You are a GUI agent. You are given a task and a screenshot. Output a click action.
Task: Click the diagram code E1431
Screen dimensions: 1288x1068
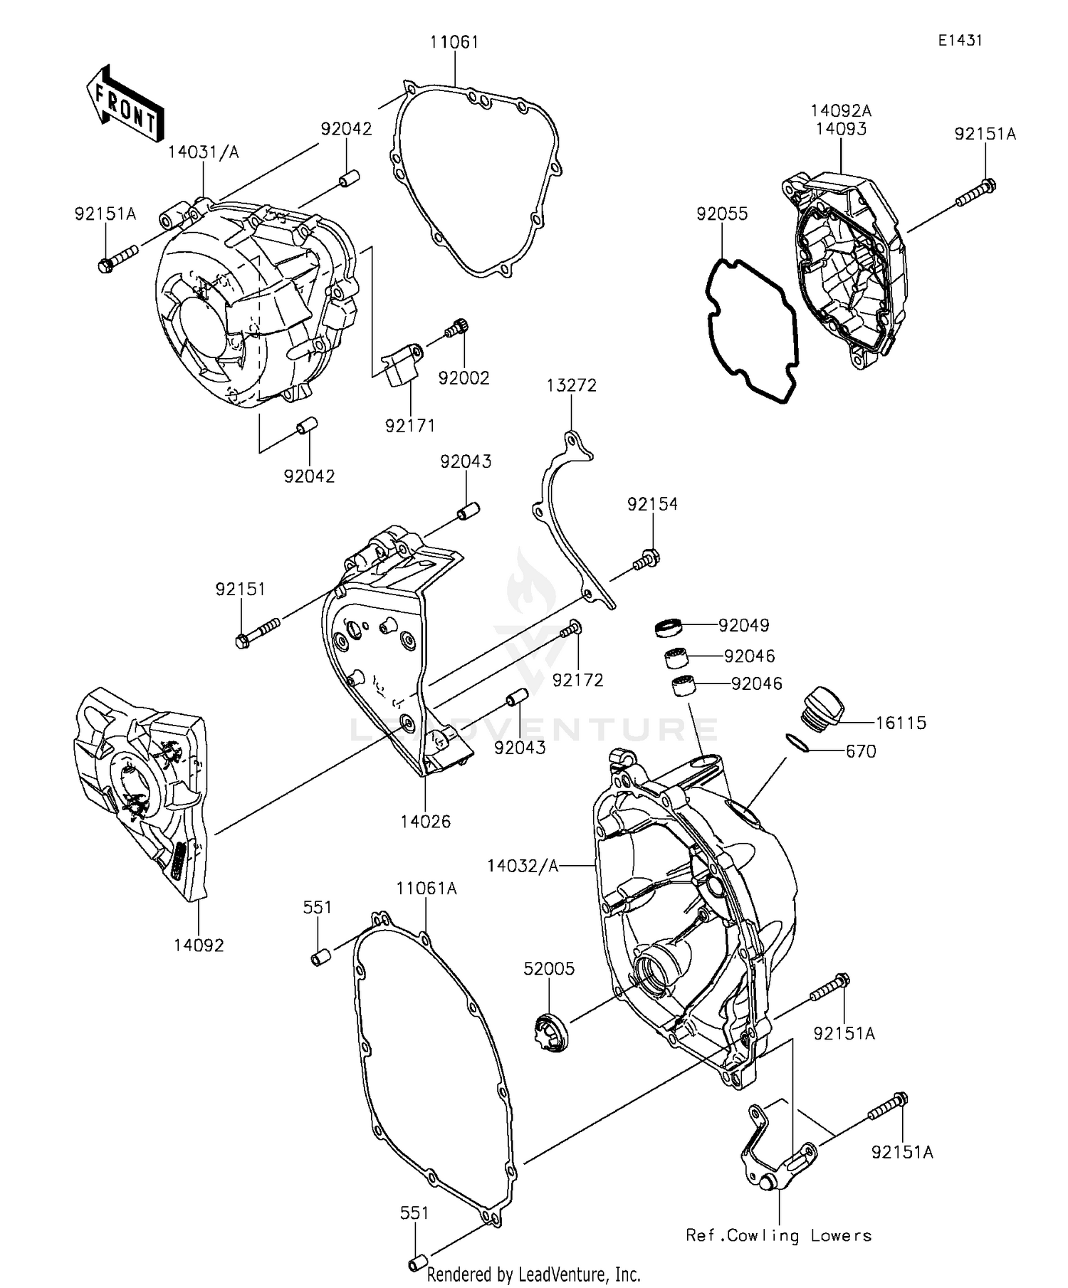(x=959, y=41)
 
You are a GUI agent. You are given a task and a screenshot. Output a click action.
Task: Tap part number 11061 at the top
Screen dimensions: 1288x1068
(x=454, y=42)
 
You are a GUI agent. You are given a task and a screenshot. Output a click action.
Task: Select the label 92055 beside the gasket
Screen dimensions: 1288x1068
(x=722, y=214)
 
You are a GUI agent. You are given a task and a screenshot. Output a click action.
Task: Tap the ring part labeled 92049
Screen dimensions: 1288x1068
(x=669, y=627)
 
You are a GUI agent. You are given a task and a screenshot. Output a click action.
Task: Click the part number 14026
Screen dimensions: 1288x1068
(x=425, y=821)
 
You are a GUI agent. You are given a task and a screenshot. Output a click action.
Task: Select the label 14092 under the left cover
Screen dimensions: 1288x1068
(x=199, y=945)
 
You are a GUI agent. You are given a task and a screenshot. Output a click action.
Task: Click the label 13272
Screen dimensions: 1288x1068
(x=572, y=385)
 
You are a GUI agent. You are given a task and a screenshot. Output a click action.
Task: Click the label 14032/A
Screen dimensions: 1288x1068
(x=523, y=866)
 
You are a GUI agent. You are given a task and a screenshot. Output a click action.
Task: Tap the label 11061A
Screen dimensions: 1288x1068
(x=426, y=888)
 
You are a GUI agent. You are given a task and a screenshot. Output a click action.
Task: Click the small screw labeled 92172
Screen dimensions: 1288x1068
(x=571, y=629)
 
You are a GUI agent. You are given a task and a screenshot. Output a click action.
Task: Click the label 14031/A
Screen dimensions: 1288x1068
(x=204, y=152)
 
